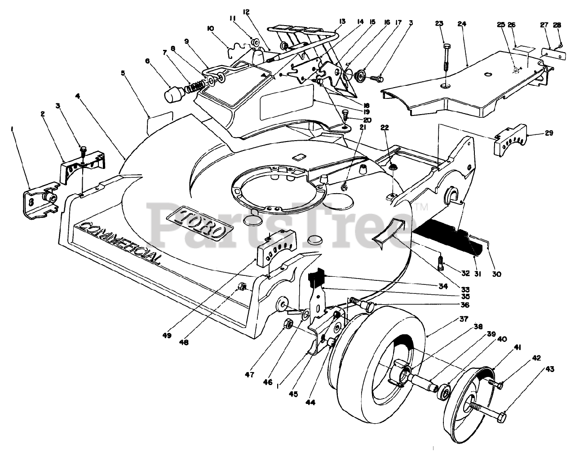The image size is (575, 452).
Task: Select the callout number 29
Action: point(549,133)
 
